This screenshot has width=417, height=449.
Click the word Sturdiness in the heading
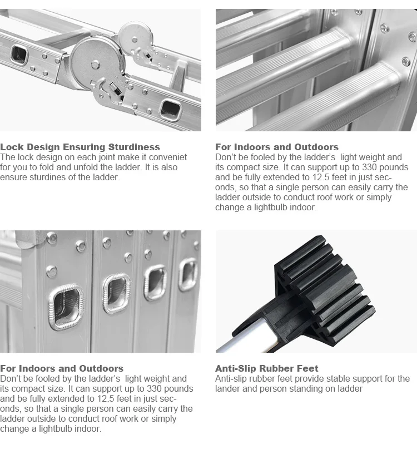(x=134, y=147)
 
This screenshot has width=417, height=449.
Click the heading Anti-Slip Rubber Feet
(x=267, y=368)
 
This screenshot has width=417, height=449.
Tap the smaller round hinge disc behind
(x=135, y=39)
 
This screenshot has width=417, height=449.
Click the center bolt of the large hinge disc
(x=95, y=65)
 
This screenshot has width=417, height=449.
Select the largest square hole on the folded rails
(x=66, y=307)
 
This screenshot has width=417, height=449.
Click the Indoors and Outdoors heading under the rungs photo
(x=277, y=147)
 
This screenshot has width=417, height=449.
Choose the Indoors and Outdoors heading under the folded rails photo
(x=62, y=368)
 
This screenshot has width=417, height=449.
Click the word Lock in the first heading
(x=12, y=147)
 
